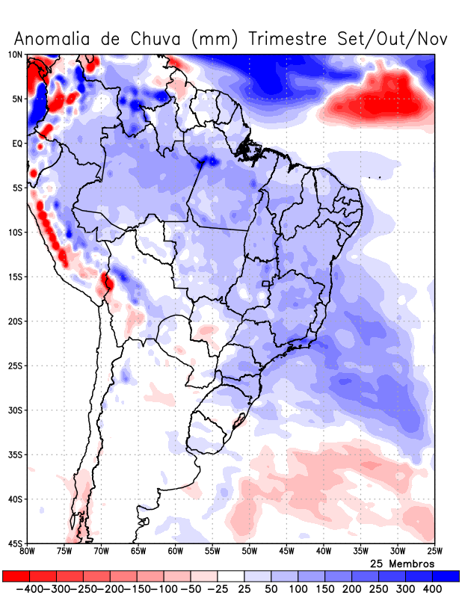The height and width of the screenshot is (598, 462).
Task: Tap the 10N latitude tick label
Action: (15, 55)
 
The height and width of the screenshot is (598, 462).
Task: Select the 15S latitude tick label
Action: (15, 277)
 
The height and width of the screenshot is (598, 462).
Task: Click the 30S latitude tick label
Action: (15, 410)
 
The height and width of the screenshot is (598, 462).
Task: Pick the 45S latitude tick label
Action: (15, 543)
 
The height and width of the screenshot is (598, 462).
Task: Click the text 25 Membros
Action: (402, 563)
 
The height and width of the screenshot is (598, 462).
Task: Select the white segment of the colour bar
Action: (231, 576)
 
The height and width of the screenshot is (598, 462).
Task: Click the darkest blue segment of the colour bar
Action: (446, 576)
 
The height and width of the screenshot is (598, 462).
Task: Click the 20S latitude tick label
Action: (15, 321)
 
